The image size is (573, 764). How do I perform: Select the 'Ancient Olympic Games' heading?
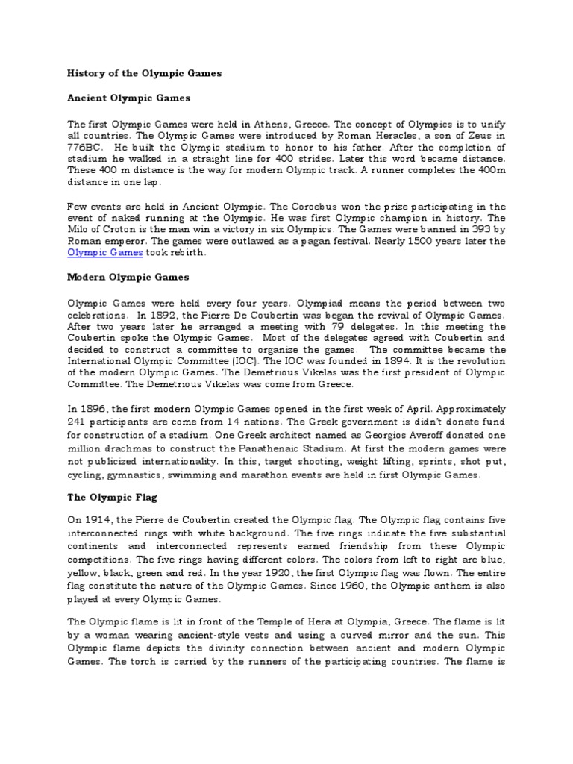click(x=129, y=98)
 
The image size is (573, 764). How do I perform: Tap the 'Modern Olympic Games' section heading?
click(x=128, y=277)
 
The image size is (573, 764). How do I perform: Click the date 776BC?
click(x=86, y=147)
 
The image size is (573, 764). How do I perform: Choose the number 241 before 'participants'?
click(x=78, y=422)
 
